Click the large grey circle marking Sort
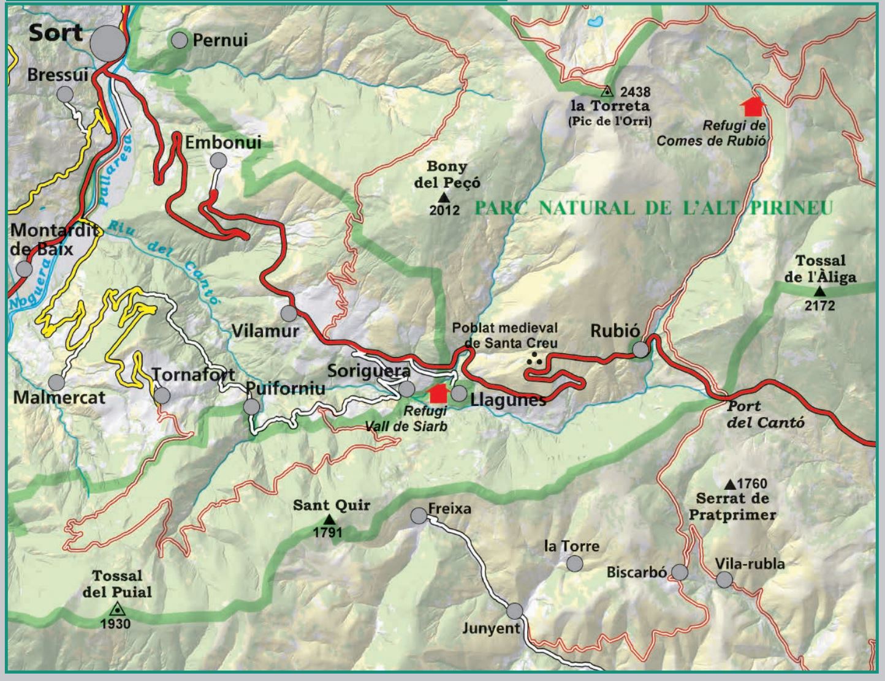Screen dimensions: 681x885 [x=108, y=43]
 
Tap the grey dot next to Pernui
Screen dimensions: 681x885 [x=179, y=40]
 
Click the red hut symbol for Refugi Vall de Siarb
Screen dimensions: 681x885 [x=438, y=393]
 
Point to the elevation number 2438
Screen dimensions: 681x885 [x=635, y=92]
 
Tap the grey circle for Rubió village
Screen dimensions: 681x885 [x=640, y=349]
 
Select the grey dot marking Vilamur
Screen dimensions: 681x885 [x=289, y=314]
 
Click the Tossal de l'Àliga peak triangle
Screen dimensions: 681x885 [x=820, y=292]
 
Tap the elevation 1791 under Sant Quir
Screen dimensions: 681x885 [x=327, y=532]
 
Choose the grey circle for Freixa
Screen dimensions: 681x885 [x=419, y=516]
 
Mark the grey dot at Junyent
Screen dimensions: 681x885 [x=515, y=611]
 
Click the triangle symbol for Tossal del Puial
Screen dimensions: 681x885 [x=116, y=609]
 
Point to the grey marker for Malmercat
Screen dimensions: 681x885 [x=56, y=383]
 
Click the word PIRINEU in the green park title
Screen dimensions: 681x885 [x=791, y=208]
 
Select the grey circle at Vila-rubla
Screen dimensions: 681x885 [x=724, y=579]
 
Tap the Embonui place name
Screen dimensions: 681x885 [x=223, y=142]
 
